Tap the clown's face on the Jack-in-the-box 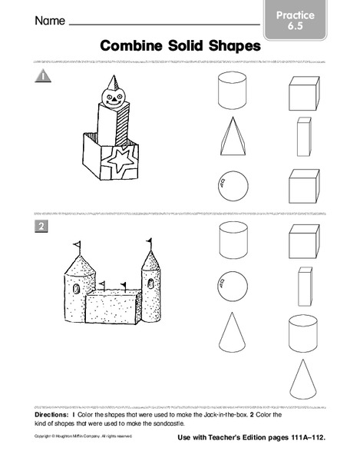(x=113, y=97)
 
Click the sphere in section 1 (x=233, y=185)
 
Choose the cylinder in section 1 (x=233, y=91)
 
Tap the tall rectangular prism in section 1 (x=303, y=137)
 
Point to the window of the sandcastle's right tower (x=150, y=284)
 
